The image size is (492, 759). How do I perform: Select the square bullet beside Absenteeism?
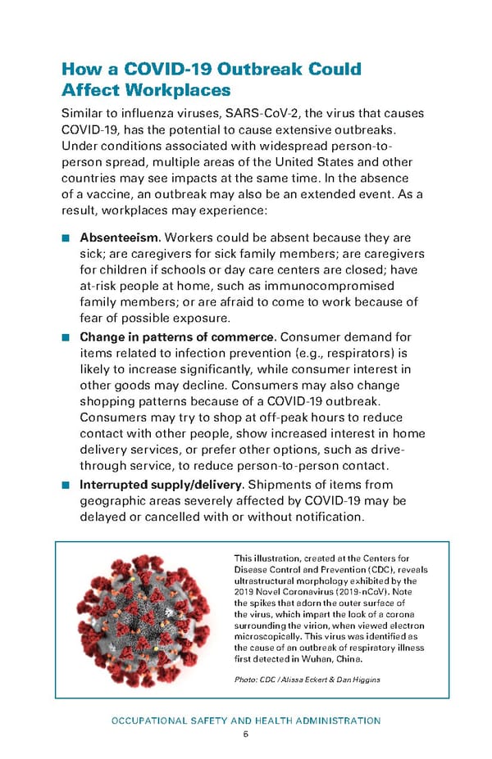coord(66,238)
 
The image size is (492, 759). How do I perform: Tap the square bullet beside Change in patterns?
coord(66,337)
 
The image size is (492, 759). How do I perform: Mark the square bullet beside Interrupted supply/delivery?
coord(66,484)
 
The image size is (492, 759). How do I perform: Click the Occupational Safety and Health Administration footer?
coord(246,721)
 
